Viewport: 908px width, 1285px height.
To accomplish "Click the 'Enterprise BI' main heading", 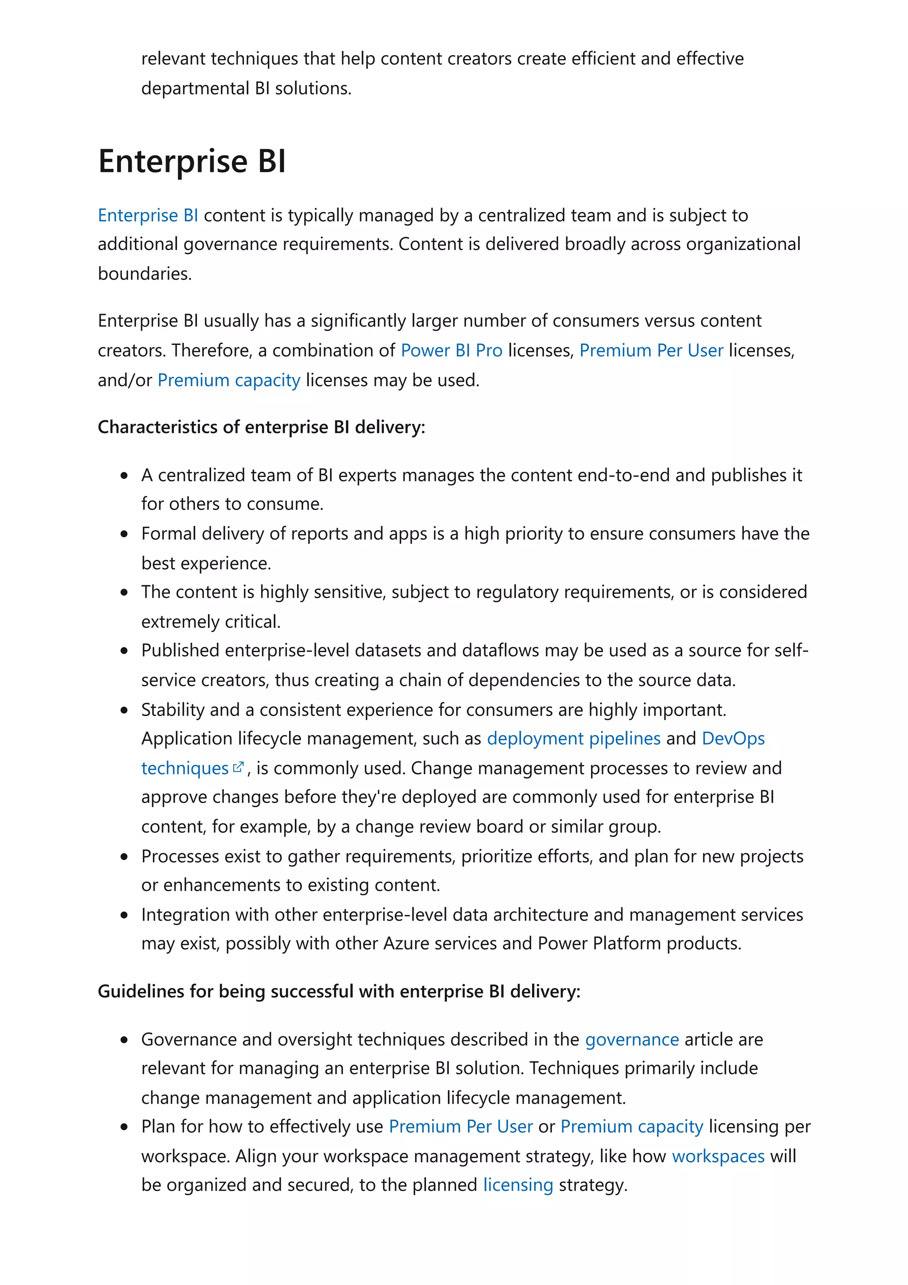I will click(x=192, y=161).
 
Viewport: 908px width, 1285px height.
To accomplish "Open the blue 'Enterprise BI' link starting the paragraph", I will click(x=148, y=215).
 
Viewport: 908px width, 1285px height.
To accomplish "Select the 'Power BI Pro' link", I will click(x=451, y=350).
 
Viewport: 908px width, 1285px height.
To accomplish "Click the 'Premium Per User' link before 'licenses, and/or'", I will click(x=651, y=350).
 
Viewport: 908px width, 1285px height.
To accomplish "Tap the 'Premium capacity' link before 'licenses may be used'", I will click(x=229, y=380).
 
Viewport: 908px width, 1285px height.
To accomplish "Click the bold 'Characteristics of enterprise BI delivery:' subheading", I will click(x=261, y=427).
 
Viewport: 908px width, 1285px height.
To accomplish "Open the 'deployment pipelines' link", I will click(x=573, y=739).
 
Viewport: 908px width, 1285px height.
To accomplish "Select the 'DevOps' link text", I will click(x=733, y=739).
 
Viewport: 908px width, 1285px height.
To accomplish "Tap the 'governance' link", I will click(x=632, y=1040).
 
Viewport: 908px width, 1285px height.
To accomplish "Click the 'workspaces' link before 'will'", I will click(x=718, y=1156).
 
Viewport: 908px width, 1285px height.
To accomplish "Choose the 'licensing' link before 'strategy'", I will click(x=518, y=1185).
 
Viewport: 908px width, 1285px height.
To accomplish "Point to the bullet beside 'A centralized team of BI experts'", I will click(x=124, y=476).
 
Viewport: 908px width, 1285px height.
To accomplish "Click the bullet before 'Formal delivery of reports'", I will click(x=124, y=534).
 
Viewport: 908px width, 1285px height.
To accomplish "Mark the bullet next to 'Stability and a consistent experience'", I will click(x=124, y=710).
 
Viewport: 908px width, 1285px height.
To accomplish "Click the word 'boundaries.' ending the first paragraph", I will click(x=145, y=274).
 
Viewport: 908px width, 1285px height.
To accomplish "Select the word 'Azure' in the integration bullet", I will click(x=406, y=944).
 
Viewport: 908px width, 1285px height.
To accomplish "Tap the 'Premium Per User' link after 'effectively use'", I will click(x=461, y=1127).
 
